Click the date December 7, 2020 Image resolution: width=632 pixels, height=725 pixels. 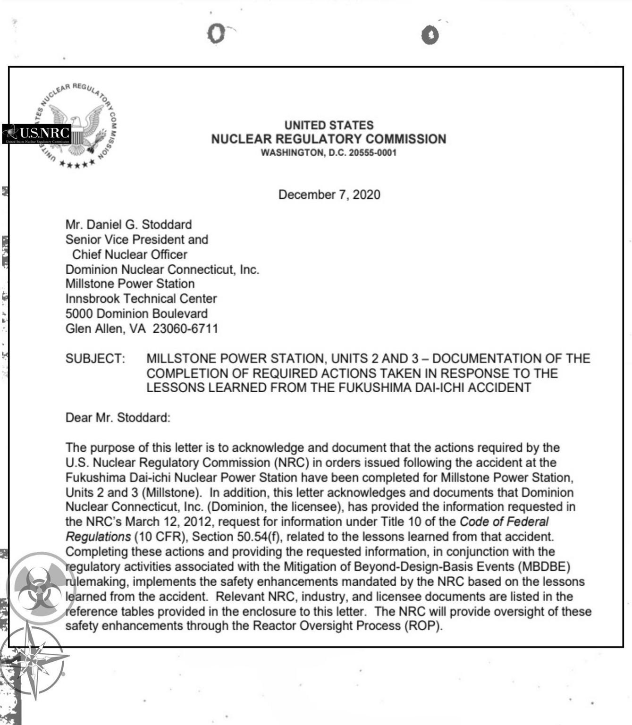pos(329,194)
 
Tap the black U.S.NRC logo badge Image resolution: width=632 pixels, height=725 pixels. pos(36,134)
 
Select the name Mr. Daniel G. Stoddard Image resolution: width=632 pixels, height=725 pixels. pos(128,224)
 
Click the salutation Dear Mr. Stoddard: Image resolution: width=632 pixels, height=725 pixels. pos(118,417)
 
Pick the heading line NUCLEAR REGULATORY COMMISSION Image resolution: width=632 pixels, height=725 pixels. pos(329,139)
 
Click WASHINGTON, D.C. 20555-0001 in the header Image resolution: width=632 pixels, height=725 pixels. pos(329,152)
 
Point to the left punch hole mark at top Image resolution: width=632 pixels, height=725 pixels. pos(216,34)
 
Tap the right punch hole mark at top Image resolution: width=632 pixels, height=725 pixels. pos(430,35)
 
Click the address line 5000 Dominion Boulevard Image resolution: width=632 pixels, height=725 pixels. pos(136,313)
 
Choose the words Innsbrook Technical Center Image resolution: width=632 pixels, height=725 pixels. pos(141,298)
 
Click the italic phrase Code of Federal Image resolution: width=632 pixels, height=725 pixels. pos(504,522)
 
